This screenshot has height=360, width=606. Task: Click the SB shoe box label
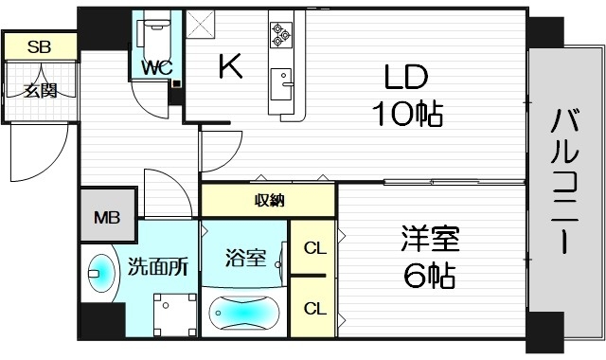[39, 45]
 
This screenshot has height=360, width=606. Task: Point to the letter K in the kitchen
[229, 65]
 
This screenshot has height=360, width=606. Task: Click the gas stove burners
[281, 34]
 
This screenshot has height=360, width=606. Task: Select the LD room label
[406, 75]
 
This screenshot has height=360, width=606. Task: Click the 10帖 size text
[406, 114]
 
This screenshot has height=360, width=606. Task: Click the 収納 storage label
[269, 201]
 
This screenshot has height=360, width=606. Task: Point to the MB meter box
[106, 217]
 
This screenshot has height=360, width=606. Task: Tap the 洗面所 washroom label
[158, 267]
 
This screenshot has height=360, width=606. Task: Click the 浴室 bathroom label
[244, 257]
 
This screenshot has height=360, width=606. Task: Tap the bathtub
[244, 311]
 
